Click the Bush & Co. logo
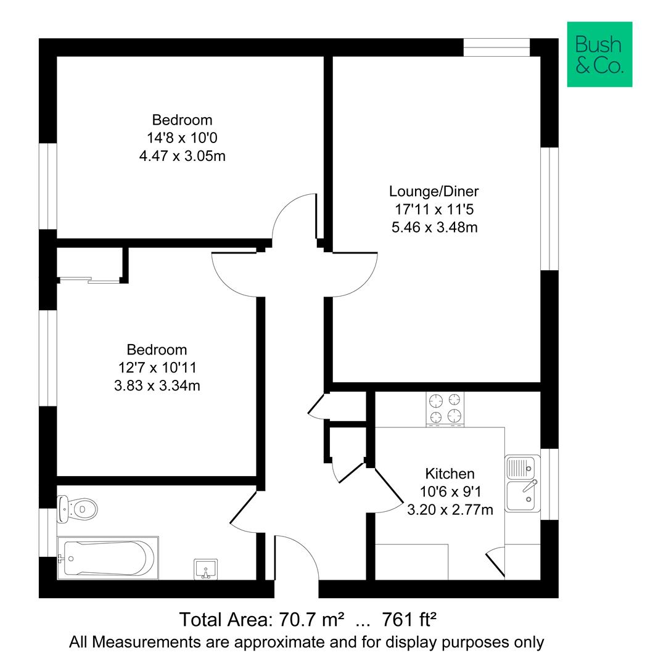point(599,54)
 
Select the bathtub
point(107,557)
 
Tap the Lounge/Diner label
point(433,191)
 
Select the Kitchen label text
point(450,474)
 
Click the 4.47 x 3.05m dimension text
point(182,155)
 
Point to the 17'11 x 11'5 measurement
point(434,209)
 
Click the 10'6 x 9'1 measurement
point(450,491)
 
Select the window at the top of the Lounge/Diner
point(496,47)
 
